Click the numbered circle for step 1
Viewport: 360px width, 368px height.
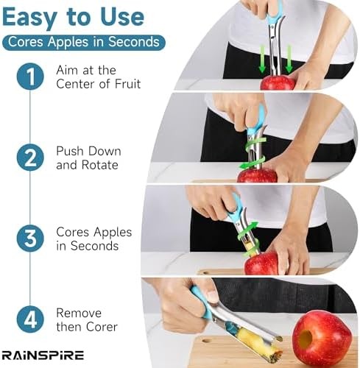30,77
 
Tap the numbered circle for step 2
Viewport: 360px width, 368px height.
30,158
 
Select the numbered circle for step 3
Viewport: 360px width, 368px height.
30,239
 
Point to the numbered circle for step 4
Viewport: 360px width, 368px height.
30,320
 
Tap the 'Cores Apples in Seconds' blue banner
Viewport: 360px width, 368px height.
83,42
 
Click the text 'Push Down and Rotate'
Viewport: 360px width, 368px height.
88,158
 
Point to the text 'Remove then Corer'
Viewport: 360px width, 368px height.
87,320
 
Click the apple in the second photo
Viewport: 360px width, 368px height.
257,175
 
